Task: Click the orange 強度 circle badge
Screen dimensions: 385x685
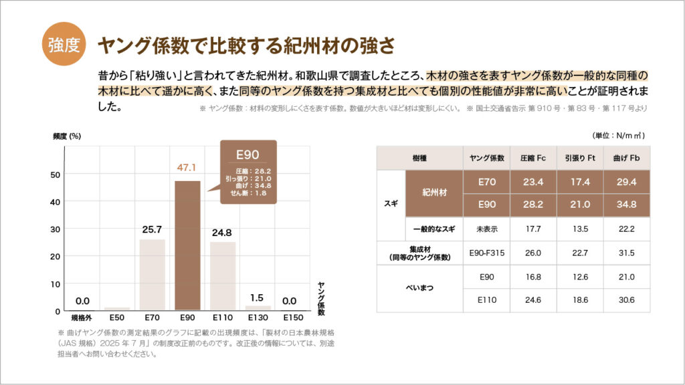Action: click(x=64, y=45)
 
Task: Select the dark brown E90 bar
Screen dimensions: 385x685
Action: click(x=187, y=245)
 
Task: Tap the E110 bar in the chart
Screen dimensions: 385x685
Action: click(x=223, y=275)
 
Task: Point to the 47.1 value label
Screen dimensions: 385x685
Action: click(x=187, y=168)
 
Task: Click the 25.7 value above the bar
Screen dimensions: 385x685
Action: click(x=152, y=229)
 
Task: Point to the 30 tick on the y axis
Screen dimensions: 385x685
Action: click(x=56, y=229)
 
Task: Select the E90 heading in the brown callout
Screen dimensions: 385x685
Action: click(x=248, y=155)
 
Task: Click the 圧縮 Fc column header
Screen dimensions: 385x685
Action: click(x=533, y=158)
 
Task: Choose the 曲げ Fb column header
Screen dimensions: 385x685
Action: click(x=625, y=158)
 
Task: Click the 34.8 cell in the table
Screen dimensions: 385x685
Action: click(x=625, y=205)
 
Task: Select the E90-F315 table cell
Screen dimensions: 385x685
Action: click(x=486, y=252)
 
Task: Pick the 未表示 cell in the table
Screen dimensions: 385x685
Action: click(x=486, y=229)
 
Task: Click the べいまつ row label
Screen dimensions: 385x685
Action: click(x=419, y=288)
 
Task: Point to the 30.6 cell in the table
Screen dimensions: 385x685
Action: click(x=625, y=300)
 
